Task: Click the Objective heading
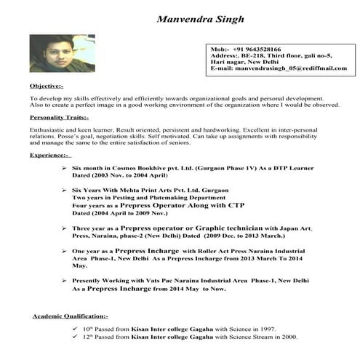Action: (x=46, y=87)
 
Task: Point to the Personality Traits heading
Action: (x=59, y=117)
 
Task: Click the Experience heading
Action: (x=49, y=155)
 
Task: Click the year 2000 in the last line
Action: (x=289, y=338)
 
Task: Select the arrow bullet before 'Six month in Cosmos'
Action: (x=65, y=167)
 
